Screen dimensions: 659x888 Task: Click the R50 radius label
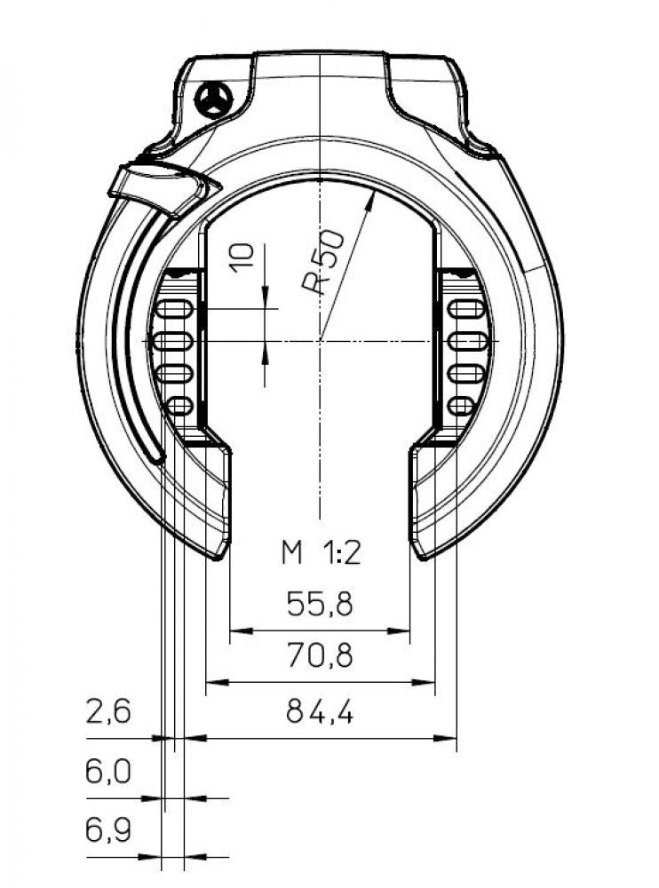click(x=322, y=262)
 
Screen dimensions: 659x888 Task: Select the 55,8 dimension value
click(x=320, y=604)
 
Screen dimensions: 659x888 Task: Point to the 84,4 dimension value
click(x=320, y=711)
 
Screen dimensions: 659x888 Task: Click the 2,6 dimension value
click(x=108, y=711)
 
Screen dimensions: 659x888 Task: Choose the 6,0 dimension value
click(x=108, y=772)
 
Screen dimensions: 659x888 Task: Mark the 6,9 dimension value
click(x=108, y=831)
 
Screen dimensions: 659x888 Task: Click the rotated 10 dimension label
click(x=243, y=258)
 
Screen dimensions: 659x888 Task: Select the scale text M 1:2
click(x=321, y=552)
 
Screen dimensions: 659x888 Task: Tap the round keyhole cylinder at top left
click(x=213, y=100)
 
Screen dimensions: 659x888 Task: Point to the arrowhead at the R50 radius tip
click(x=371, y=199)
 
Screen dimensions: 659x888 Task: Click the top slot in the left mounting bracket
click(x=174, y=309)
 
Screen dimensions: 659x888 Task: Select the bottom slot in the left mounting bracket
click(x=180, y=406)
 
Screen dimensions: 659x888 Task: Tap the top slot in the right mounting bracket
click(x=466, y=309)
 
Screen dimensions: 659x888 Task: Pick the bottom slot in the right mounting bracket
click(x=460, y=406)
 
